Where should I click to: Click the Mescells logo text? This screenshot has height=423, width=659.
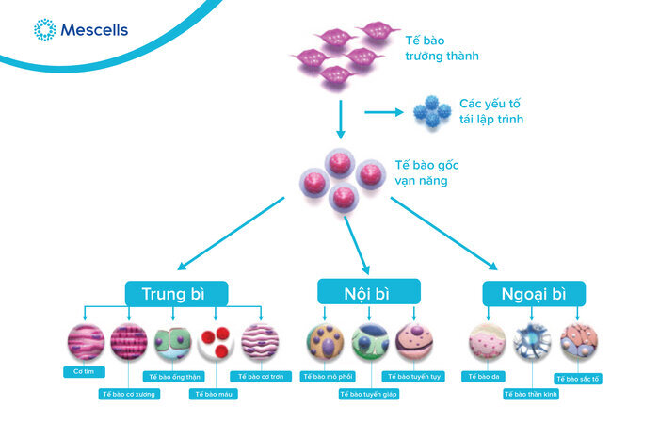pos(94,29)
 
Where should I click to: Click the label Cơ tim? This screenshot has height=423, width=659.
pos(84,371)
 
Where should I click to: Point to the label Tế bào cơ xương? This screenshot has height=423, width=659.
pos(129,394)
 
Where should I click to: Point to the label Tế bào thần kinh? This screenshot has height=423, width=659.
pos(531,394)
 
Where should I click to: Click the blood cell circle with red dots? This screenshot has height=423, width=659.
pos(216,343)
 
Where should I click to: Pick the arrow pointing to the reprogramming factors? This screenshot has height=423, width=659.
pos(382,113)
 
